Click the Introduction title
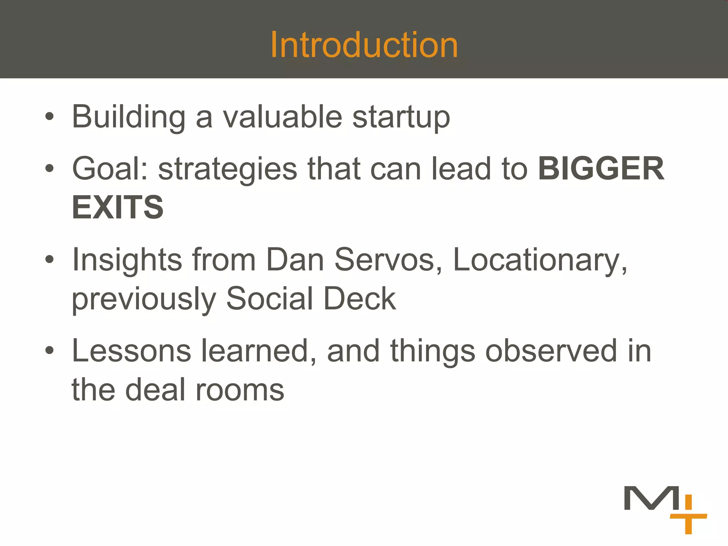click(x=364, y=45)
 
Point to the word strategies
click(x=227, y=170)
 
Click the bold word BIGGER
click(x=601, y=169)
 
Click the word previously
click(x=144, y=299)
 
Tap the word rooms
click(x=240, y=390)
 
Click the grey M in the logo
click(x=652, y=498)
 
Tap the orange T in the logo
click(x=688, y=523)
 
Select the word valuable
click(x=283, y=117)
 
